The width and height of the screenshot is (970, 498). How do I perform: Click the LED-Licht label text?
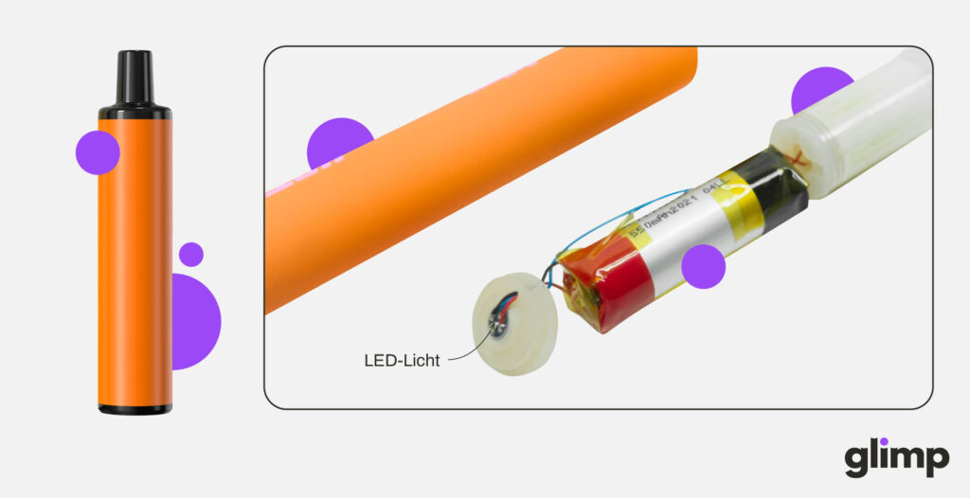402,361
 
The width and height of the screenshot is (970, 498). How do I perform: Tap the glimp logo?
896,458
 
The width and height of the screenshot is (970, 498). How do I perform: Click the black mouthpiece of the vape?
135,78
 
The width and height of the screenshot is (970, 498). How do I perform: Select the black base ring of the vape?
135,408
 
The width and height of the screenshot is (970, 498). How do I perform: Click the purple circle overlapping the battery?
703,266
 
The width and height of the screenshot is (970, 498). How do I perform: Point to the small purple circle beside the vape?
191,254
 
